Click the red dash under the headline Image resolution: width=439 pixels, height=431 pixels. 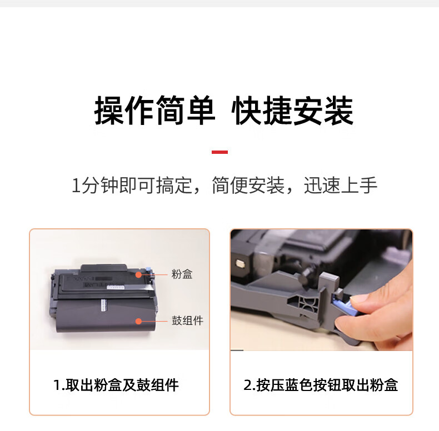(x=220, y=152)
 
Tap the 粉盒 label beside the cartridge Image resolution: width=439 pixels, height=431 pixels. (x=182, y=274)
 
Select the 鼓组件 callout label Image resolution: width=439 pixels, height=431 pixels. (x=187, y=320)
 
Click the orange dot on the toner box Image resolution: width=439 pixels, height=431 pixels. (x=138, y=275)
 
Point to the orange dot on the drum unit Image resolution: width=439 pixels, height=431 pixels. (x=138, y=321)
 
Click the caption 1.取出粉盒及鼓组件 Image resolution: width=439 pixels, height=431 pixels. (x=116, y=385)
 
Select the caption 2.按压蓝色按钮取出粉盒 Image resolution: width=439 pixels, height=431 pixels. (x=321, y=385)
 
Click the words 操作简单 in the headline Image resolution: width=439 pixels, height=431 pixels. (x=154, y=111)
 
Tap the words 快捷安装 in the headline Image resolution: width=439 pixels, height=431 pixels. (x=292, y=111)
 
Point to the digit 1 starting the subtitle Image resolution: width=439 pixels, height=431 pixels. (x=76, y=186)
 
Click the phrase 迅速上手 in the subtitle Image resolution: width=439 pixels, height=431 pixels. (x=341, y=186)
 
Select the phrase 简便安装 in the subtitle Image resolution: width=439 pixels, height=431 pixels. (x=248, y=186)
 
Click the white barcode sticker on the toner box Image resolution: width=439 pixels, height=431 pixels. (x=116, y=287)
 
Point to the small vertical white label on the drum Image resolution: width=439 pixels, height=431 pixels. (x=103, y=305)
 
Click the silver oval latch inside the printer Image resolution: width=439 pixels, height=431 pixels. (x=241, y=264)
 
